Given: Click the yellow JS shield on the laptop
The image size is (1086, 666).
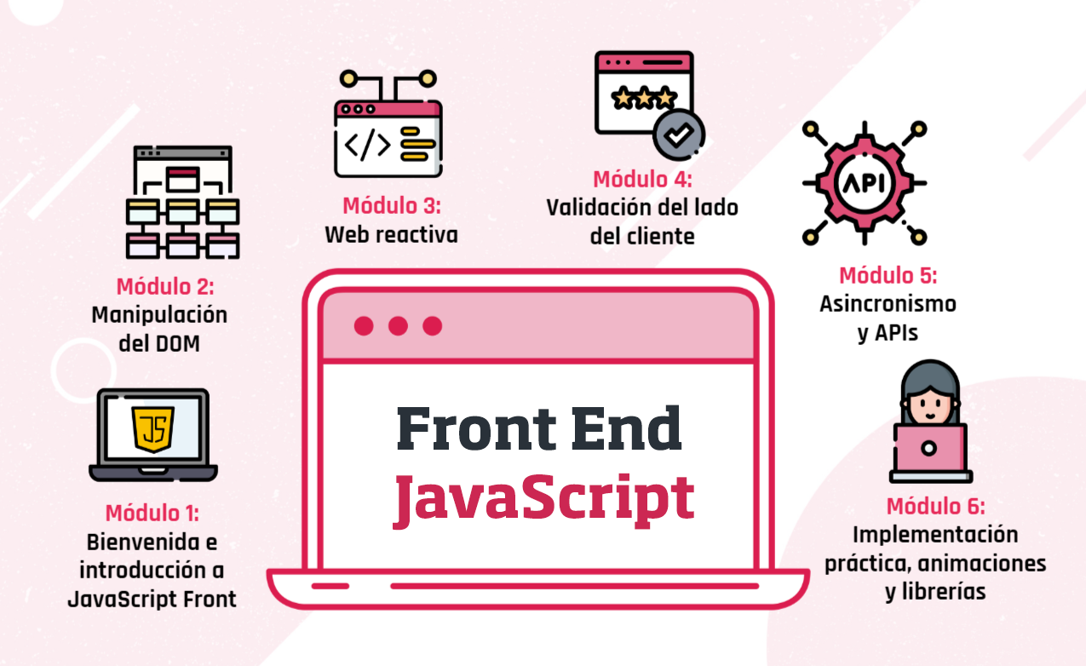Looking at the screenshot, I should pyautogui.click(x=153, y=428).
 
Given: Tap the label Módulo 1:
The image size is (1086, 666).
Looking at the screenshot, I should pyautogui.click(x=152, y=514).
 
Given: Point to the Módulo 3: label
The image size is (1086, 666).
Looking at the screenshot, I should pyautogui.click(x=391, y=206).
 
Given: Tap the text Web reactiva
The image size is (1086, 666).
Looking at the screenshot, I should pyautogui.click(x=391, y=235).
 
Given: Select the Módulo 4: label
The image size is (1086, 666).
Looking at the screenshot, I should pyautogui.click(x=642, y=180).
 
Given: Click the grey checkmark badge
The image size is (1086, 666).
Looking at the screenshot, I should pyautogui.click(x=679, y=135).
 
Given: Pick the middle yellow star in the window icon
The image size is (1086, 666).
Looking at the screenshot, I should pyautogui.click(x=643, y=99).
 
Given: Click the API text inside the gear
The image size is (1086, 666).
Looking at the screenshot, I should pyautogui.click(x=864, y=183).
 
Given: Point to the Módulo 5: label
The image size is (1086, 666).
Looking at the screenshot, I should pyautogui.click(x=888, y=276).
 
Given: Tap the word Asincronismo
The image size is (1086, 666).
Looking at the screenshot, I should pyautogui.click(x=888, y=304).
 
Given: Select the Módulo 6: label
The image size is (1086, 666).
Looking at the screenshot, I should pyautogui.click(x=935, y=507).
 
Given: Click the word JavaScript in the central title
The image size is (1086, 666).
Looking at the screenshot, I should pyautogui.click(x=543, y=499).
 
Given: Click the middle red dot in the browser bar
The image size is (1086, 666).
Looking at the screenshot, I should pyautogui.click(x=398, y=325).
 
